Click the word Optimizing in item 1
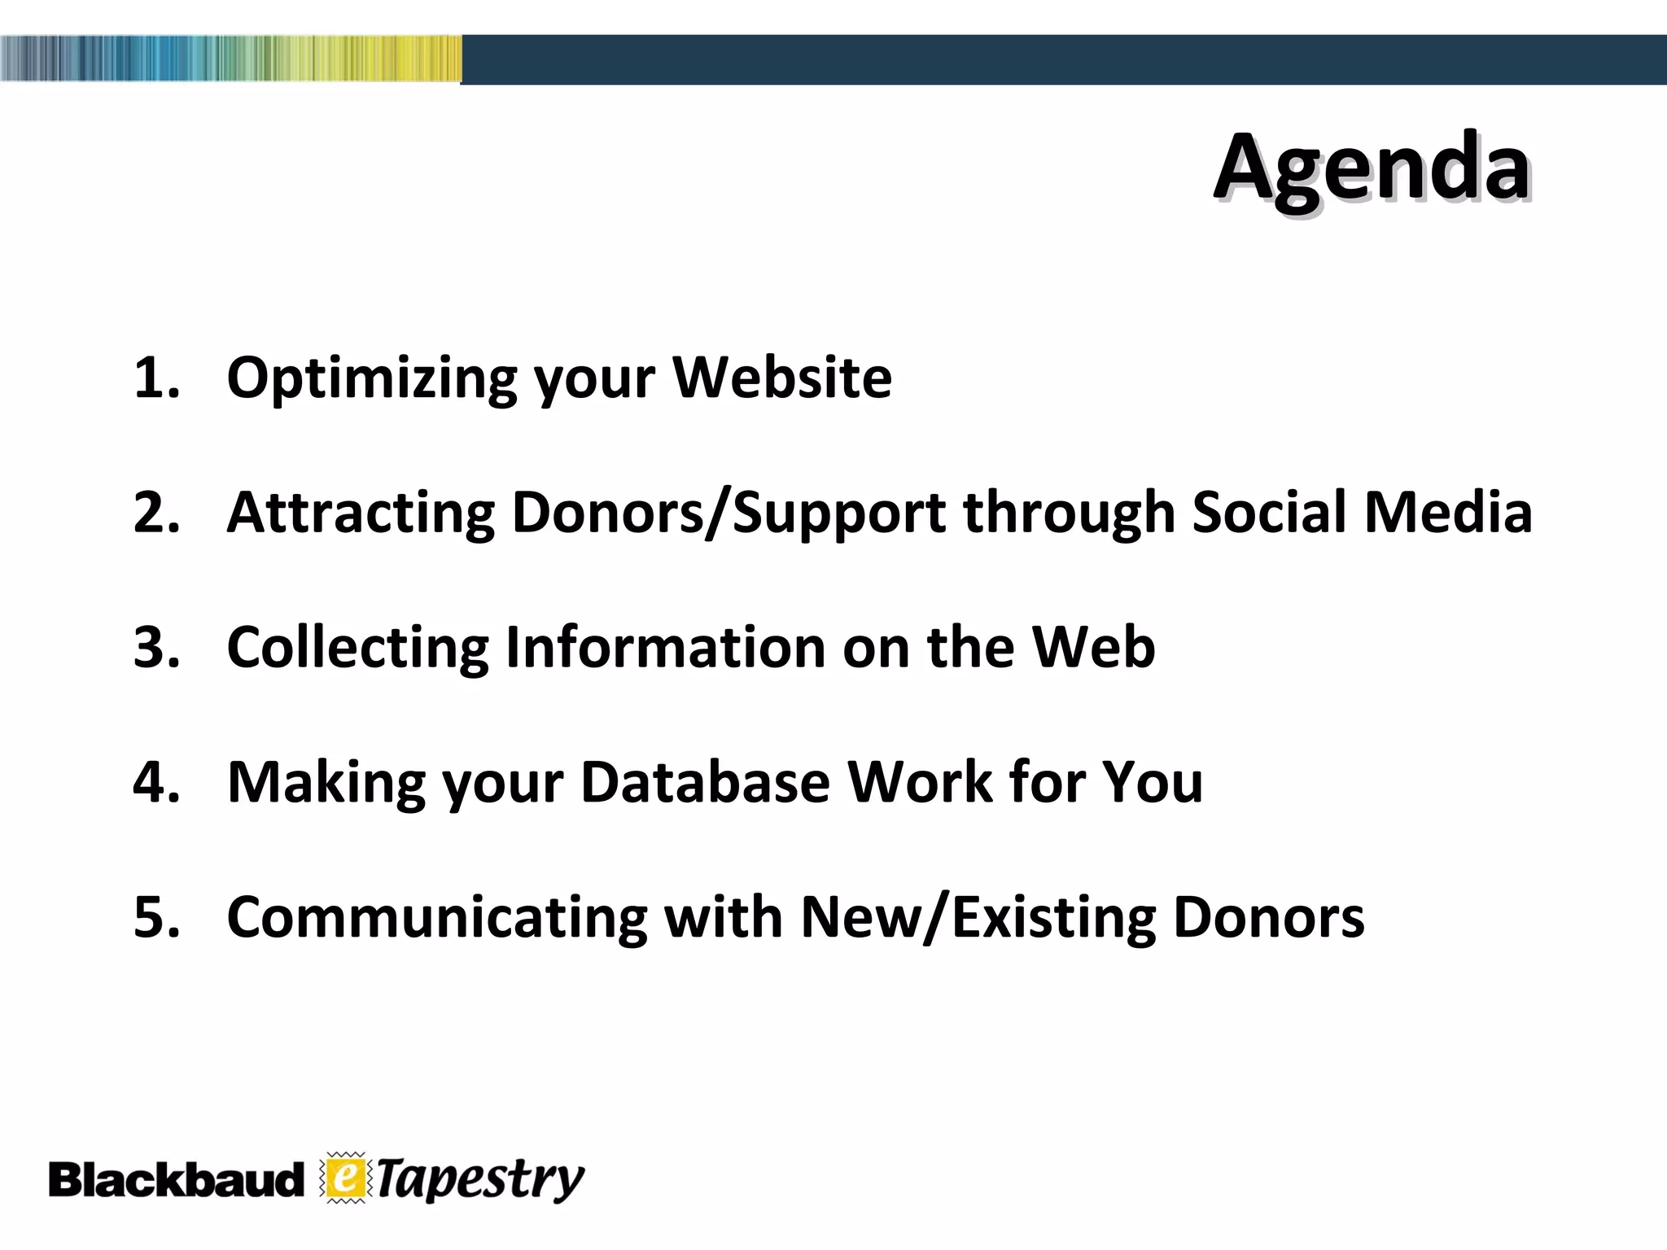coord(371,378)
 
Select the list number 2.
coord(155,514)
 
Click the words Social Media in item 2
coord(1361,514)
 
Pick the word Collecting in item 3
coord(357,648)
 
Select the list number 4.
coord(155,783)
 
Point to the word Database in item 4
coord(705,783)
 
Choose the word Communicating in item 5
coord(436,918)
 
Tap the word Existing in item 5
coord(1053,918)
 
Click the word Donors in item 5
coord(1268,918)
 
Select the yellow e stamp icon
coord(346,1178)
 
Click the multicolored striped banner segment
coord(230,59)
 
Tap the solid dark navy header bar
coord(1058,59)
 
